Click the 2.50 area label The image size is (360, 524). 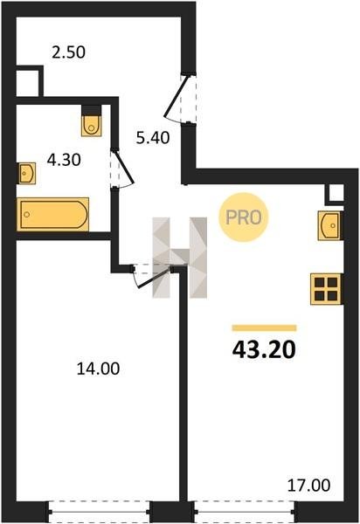pos(68,52)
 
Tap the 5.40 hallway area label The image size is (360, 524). pos(153,138)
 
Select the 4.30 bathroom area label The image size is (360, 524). pos(64,160)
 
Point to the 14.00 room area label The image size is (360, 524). pos(98,369)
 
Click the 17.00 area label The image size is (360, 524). pos(308,485)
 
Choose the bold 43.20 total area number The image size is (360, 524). pos(264,349)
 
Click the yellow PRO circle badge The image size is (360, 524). pos(244,217)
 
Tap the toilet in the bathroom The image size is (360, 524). pos(92,121)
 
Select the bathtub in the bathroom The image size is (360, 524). pos(53,214)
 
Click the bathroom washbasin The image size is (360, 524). pos(27,173)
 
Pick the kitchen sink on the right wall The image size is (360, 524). pos(329,225)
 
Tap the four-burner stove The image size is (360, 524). pos(326,289)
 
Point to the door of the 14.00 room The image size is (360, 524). pos(152,277)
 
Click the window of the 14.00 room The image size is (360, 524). pos(100,511)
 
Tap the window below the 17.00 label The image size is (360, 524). pos(245,511)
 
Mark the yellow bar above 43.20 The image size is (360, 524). pos(264,327)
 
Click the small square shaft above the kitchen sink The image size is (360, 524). pos(335,194)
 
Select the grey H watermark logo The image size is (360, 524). pos(180,258)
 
